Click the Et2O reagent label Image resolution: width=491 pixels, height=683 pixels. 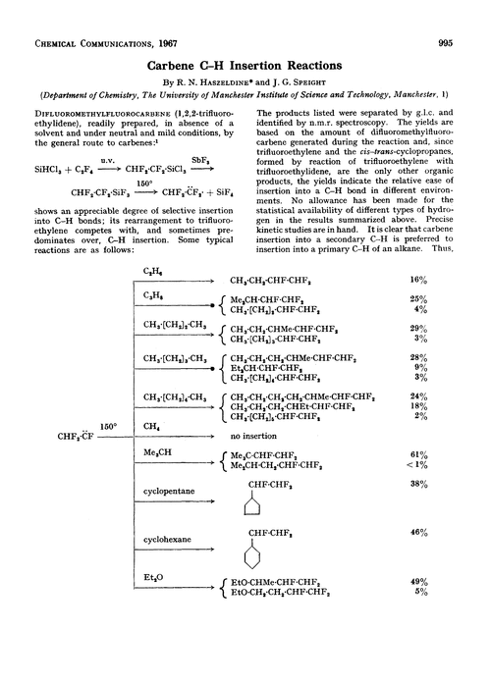(153, 606)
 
